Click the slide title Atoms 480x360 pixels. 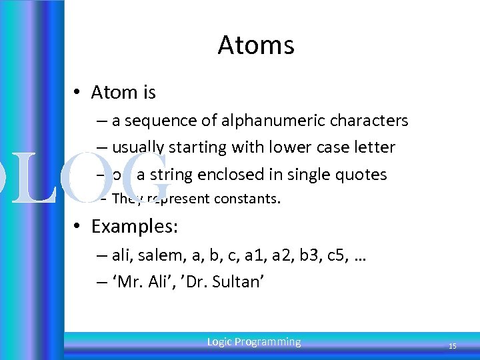point(255,45)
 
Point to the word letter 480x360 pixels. point(374,147)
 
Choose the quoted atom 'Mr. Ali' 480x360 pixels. point(140,282)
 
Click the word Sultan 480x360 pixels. point(238,282)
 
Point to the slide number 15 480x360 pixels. point(452,346)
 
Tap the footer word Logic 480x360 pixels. point(219,342)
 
